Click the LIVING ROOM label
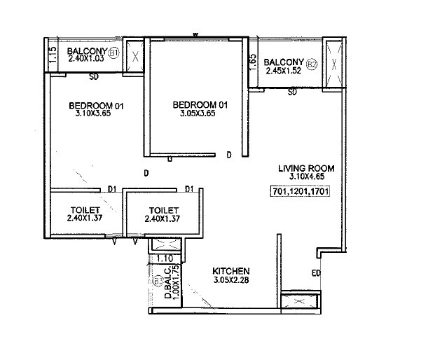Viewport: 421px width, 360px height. [x=305, y=168]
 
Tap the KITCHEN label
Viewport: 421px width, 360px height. [x=232, y=270]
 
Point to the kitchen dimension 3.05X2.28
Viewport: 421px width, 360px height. [x=232, y=280]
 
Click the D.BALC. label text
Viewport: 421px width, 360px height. [x=168, y=287]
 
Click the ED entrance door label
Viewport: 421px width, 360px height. [x=316, y=273]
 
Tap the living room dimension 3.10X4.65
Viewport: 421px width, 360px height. [x=305, y=177]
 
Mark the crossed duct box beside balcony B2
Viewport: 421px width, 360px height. [x=333, y=63]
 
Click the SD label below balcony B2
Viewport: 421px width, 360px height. [x=293, y=92]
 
